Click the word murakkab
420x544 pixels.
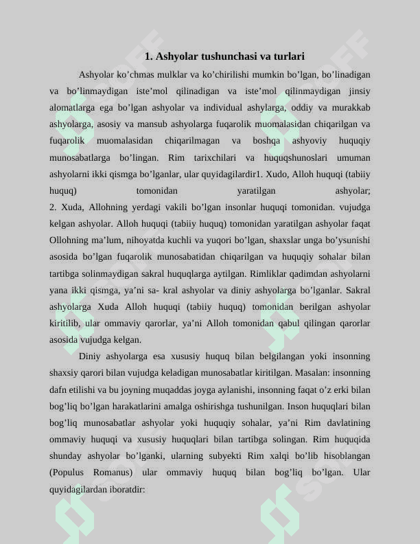(x=351, y=107)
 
